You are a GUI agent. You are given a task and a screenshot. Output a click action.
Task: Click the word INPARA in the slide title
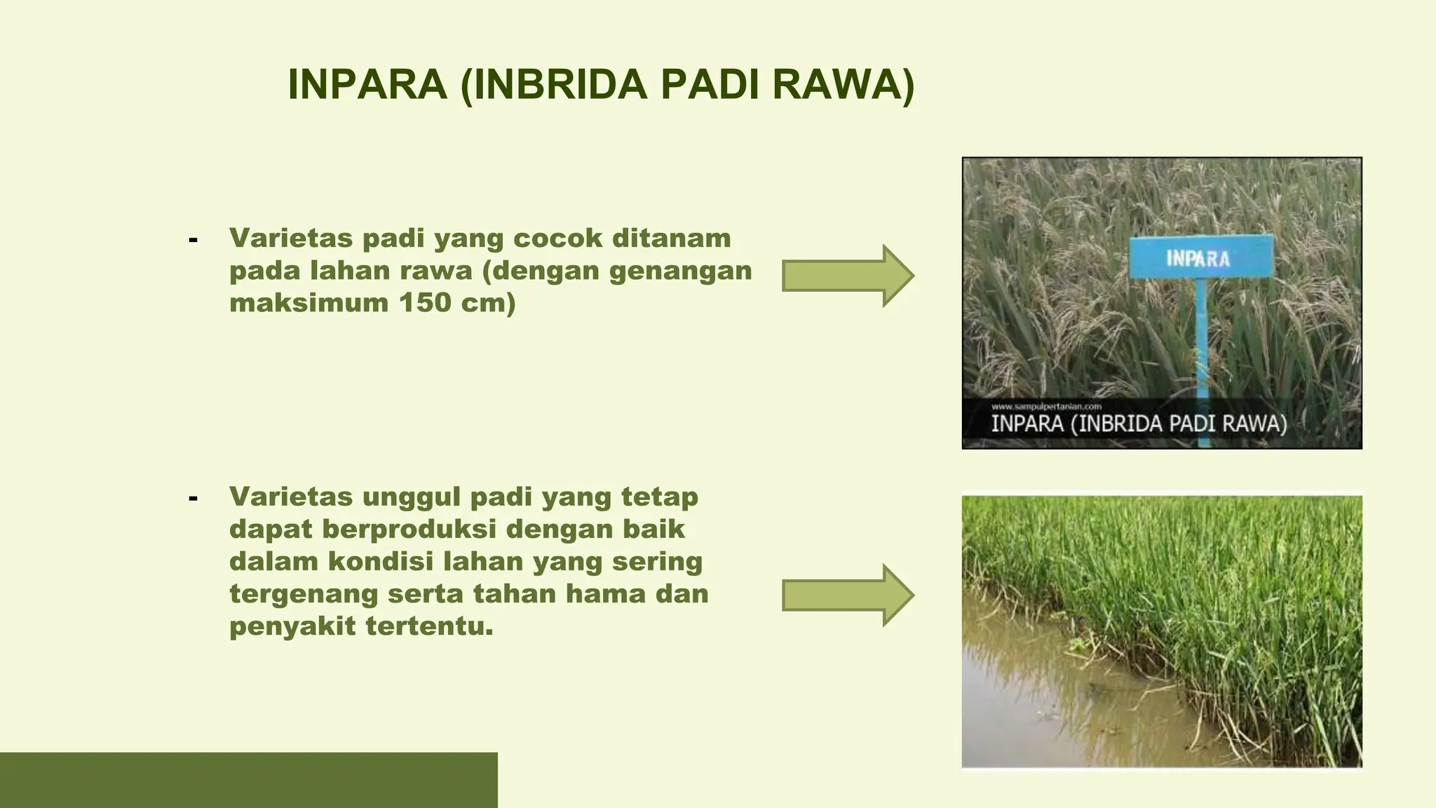(x=367, y=85)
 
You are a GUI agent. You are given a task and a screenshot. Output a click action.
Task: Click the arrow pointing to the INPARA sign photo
(x=847, y=276)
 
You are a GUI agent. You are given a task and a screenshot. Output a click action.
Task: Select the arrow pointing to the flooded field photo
(x=847, y=595)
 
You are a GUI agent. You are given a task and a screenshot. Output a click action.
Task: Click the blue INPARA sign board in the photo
(x=1200, y=257)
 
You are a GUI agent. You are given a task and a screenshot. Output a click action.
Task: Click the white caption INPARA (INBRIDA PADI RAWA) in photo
(x=1138, y=424)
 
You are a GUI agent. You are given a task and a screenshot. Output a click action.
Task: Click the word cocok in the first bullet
(x=557, y=238)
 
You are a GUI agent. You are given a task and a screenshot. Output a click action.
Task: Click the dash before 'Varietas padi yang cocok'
(x=193, y=240)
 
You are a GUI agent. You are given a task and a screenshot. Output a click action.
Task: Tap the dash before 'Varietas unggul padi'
(x=193, y=499)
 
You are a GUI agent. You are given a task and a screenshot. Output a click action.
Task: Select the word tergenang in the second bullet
(x=303, y=595)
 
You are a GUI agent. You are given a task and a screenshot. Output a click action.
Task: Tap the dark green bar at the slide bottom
(x=248, y=780)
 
